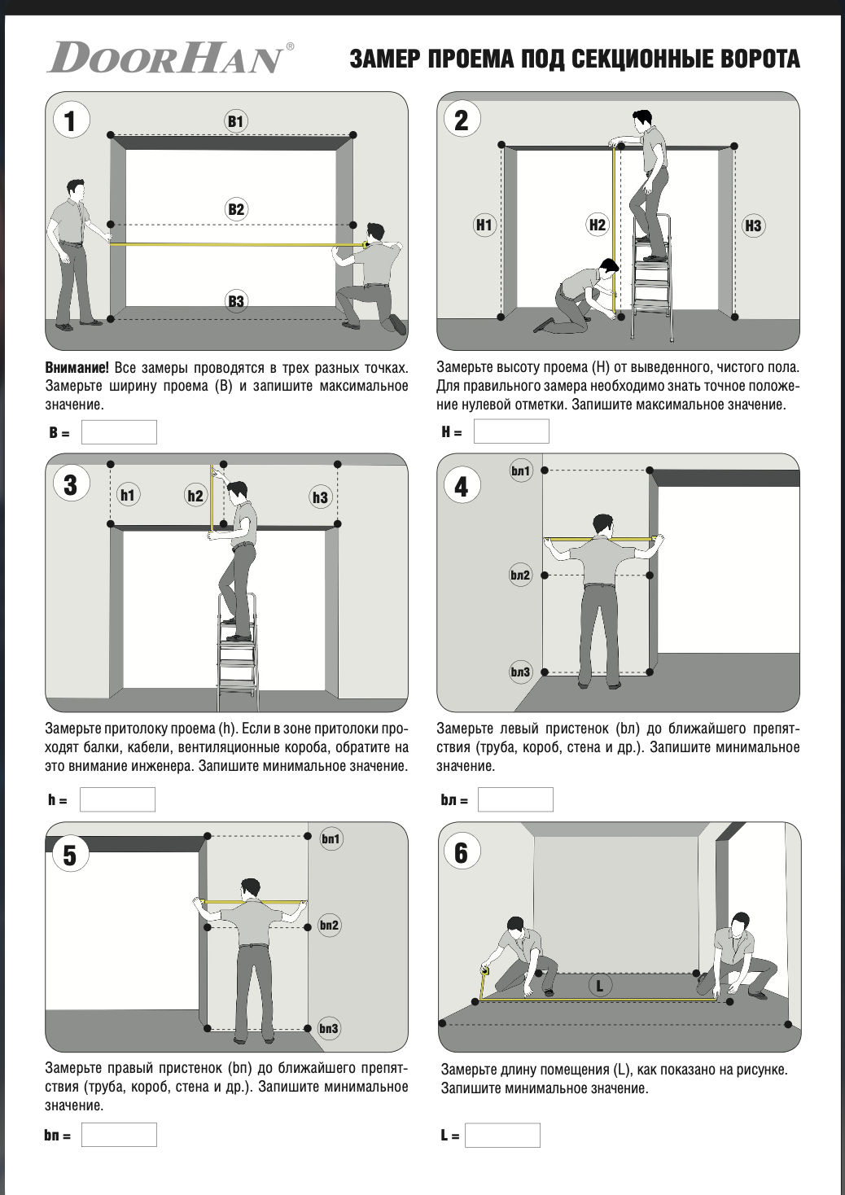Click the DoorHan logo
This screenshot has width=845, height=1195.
tap(170, 58)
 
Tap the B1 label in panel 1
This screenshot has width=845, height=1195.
tap(235, 121)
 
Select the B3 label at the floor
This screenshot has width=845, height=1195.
tap(236, 301)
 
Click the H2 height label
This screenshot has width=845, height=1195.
tap(597, 225)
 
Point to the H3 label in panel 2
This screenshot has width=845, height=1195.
tap(753, 225)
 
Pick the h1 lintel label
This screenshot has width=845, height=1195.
tap(128, 496)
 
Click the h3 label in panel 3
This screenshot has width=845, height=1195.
tap(320, 497)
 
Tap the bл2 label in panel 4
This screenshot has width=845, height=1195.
tap(521, 575)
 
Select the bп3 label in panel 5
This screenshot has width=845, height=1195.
tap(329, 1029)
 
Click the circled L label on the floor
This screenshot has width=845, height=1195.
tap(599, 985)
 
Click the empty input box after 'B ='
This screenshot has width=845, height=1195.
tap(119, 432)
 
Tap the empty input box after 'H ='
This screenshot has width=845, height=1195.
tap(511, 431)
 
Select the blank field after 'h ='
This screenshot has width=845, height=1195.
tap(117, 799)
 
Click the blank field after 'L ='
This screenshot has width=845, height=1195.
tap(502, 1136)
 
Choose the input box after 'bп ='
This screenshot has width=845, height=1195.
tap(119, 1135)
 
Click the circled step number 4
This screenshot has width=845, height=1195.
tap(462, 487)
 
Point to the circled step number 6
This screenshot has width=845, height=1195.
tap(462, 853)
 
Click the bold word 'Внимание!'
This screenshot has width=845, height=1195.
tap(77, 368)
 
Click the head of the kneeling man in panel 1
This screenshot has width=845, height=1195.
tap(375, 234)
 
